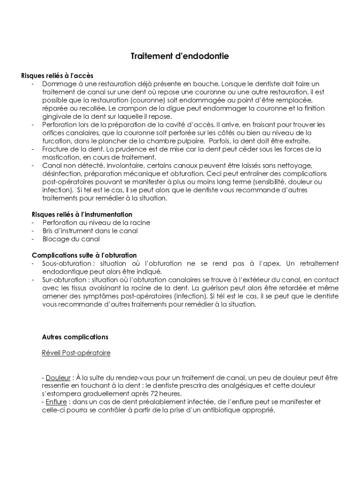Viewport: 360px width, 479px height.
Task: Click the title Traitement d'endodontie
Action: pyautogui.click(x=180, y=57)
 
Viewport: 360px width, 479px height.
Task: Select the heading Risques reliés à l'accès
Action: pyautogui.click(x=58, y=76)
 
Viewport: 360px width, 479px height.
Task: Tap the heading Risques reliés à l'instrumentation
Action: pyautogui.click(x=82, y=214)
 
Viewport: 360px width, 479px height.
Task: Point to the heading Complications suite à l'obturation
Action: pyautogui.click(x=84, y=255)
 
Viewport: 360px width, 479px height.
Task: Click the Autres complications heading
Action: pyautogui.click(x=75, y=337)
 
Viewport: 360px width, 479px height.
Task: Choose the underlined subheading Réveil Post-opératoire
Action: pyautogui.click(x=76, y=353)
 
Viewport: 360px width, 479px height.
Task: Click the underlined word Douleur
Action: pyautogui.click(x=58, y=377)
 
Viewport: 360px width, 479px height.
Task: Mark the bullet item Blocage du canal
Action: pyautogui.click(x=71, y=239)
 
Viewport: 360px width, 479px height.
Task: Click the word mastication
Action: pyautogui.click(x=61, y=157)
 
